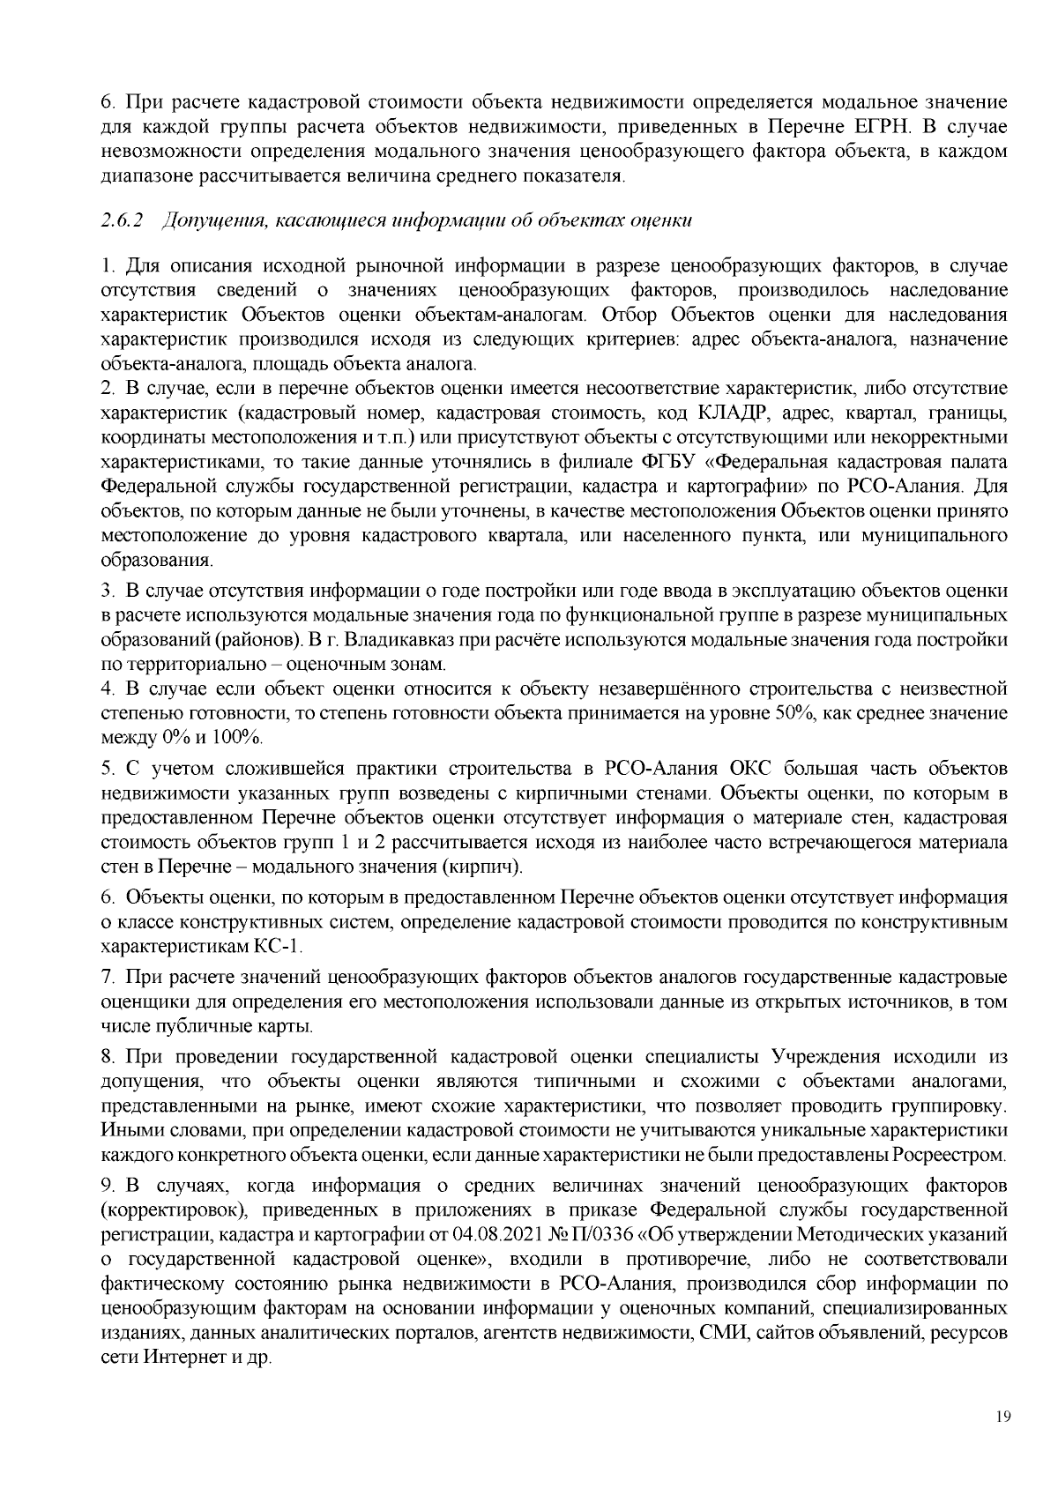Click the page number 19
(x=1001, y=1417)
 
